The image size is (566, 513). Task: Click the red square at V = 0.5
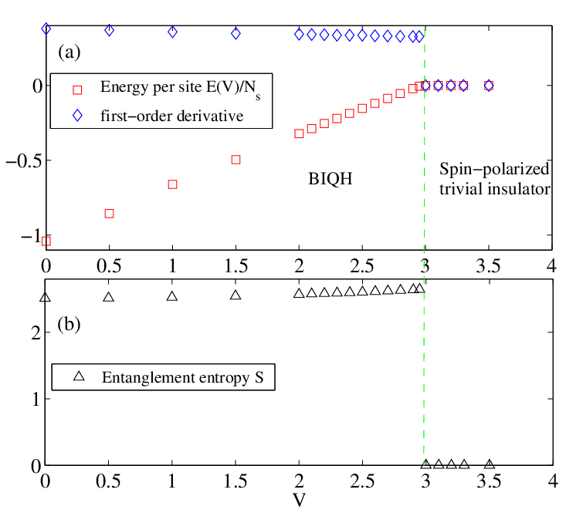click(109, 214)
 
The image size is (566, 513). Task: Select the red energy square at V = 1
click(172, 184)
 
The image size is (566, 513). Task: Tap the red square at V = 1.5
click(236, 160)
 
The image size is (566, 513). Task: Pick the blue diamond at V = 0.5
click(109, 31)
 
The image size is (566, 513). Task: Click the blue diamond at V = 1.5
click(236, 34)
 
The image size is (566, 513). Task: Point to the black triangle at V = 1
click(172, 296)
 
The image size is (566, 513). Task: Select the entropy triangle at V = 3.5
click(490, 464)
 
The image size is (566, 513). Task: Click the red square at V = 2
click(299, 133)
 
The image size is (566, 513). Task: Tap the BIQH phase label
click(330, 178)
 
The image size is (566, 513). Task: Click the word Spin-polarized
click(494, 169)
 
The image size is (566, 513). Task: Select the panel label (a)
click(69, 52)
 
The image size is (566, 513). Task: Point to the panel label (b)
click(69, 324)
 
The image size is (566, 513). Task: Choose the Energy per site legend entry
click(167, 88)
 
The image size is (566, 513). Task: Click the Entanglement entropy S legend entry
click(168, 377)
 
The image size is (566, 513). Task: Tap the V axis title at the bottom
click(300, 500)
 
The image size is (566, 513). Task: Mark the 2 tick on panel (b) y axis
click(36, 332)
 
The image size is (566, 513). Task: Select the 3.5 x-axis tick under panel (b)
click(489, 481)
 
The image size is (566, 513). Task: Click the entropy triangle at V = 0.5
click(109, 297)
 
